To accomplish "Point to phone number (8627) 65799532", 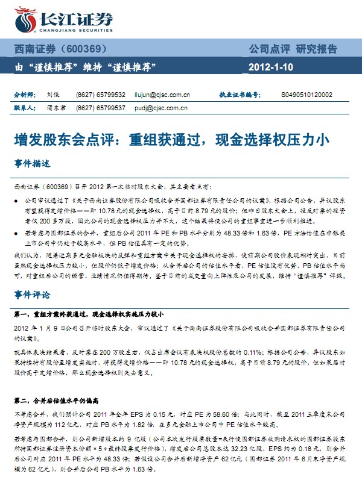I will click(x=101, y=95).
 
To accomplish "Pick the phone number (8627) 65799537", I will click(x=101, y=108).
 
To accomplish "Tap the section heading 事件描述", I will click(x=31, y=163).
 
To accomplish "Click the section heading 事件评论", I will click(x=31, y=295).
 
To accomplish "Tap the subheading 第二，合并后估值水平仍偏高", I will click(x=59, y=400).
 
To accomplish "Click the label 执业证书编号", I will click(x=239, y=95).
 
